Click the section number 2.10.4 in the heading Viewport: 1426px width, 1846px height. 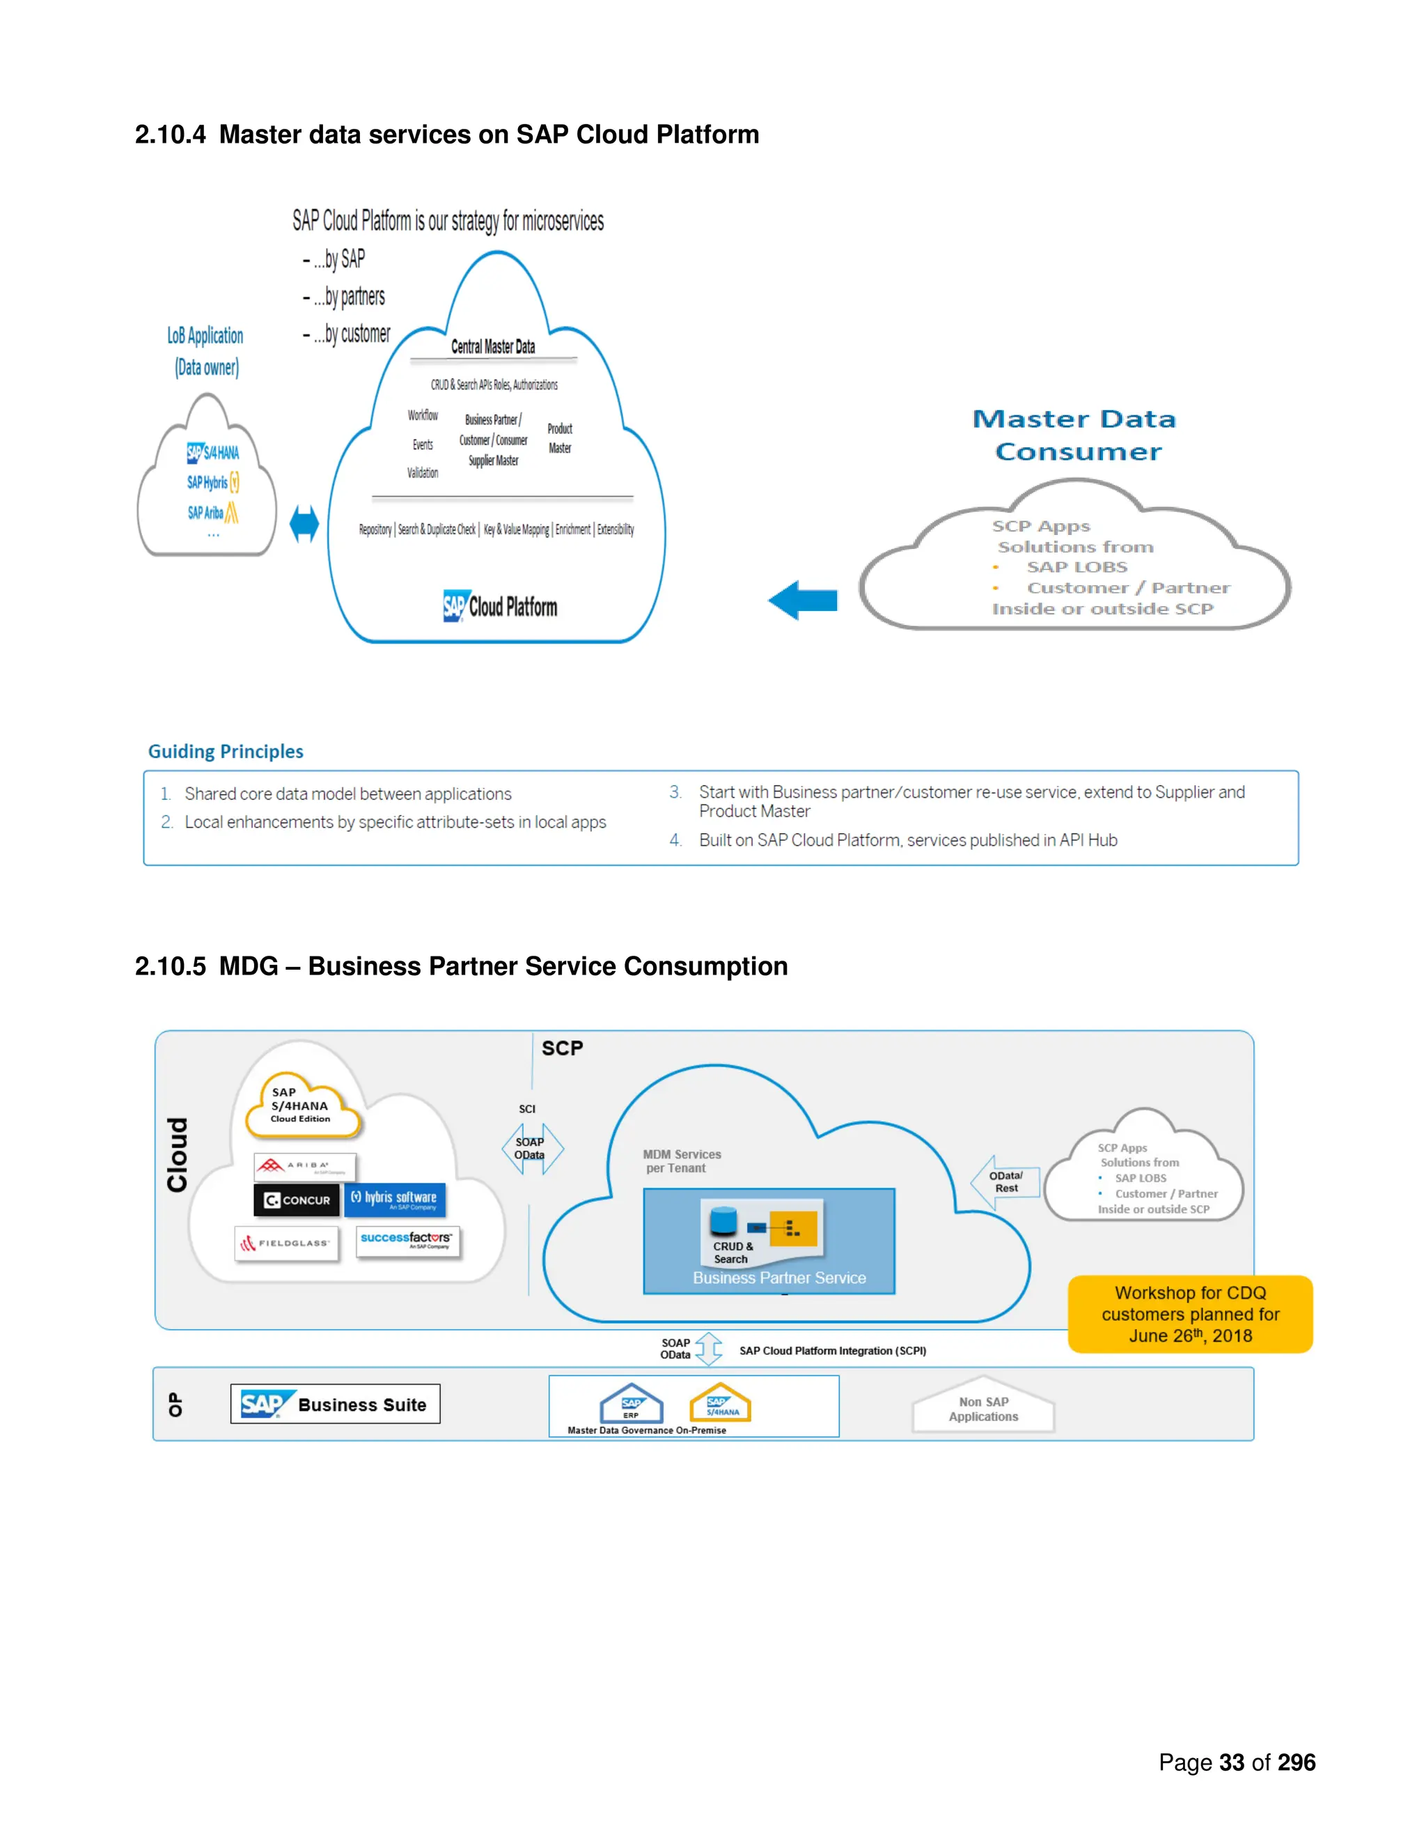pos(170,135)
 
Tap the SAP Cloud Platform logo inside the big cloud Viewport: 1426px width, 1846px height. pos(500,606)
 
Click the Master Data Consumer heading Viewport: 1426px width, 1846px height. pos(1074,435)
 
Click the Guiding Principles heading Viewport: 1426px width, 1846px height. pos(226,752)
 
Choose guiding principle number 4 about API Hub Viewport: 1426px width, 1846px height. pos(907,840)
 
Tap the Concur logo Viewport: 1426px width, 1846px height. pos(297,1200)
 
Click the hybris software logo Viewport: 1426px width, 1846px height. pos(395,1199)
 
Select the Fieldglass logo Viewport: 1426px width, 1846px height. pos(286,1243)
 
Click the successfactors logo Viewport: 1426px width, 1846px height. pos(407,1240)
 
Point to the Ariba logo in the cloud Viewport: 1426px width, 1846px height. pos(305,1166)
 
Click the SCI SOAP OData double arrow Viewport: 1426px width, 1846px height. pos(531,1148)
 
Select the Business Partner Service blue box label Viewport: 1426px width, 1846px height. pos(779,1278)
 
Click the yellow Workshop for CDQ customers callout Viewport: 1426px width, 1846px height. pos(1189,1314)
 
